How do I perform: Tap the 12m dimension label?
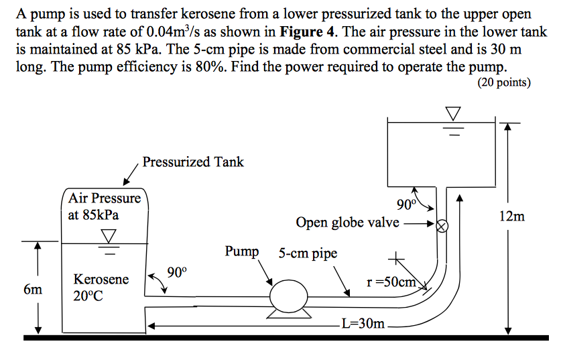click(x=512, y=216)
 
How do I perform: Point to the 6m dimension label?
click(x=32, y=290)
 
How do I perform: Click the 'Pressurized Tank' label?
click(x=193, y=162)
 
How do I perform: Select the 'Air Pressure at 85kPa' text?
click(x=104, y=206)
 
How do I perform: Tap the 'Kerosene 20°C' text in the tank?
click(x=101, y=287)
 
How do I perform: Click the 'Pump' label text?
click(x=241, y=251)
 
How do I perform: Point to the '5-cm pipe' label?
click(x=308, y=253)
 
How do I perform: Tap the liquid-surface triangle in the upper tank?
click(x=454, y=115)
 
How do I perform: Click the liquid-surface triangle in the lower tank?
click(x=108, y=237)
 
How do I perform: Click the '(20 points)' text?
click(x=503, y=82)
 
